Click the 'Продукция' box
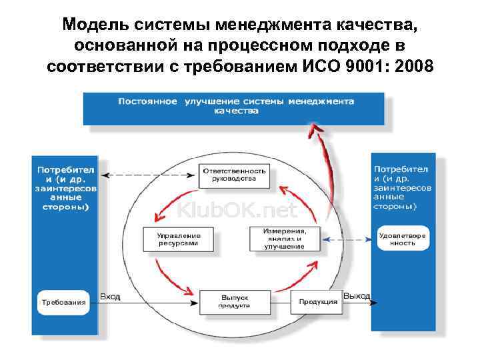[317, 301]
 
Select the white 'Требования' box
[64, 301]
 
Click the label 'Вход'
[110, 296]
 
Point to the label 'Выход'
[357, 295]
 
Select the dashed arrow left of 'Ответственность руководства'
[149, 175]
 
